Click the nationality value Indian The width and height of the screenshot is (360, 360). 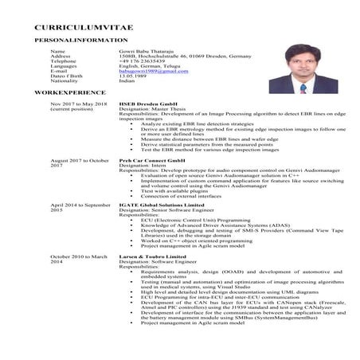[128, 81]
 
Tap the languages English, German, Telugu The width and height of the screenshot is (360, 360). [147, 66]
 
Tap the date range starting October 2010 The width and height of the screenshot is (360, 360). [78, 258]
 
